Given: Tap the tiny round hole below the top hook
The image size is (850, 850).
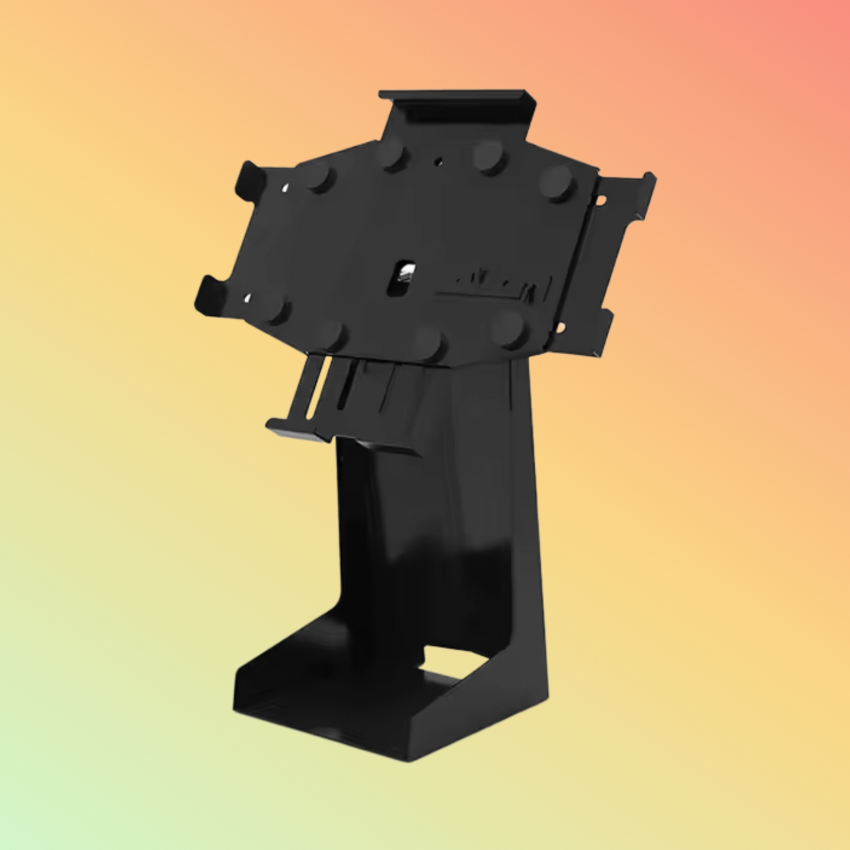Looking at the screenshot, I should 438,159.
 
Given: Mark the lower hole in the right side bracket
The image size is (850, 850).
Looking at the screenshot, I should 561,326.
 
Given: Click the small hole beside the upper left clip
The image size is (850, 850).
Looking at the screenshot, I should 285,188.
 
